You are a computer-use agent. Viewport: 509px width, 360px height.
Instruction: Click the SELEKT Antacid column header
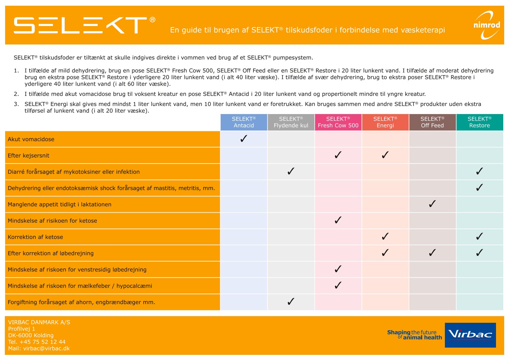point(244,122)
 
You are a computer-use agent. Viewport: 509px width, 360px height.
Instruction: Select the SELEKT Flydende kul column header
point(291,122)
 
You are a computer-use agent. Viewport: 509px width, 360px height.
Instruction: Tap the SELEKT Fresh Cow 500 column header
point(338,122)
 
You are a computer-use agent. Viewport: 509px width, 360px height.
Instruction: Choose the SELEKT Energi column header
point(385,122)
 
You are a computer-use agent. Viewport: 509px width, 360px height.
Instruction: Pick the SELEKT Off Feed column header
point(432,122)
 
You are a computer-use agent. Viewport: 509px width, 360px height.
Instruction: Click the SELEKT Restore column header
point(480,122)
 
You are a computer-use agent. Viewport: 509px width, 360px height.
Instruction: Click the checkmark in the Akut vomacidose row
point(244,139)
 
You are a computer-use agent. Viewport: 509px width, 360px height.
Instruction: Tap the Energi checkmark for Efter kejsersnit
point(385,155)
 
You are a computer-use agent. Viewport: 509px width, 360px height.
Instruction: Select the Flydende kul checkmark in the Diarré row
point(291,172)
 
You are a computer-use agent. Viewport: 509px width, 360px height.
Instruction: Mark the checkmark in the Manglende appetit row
point(432,204)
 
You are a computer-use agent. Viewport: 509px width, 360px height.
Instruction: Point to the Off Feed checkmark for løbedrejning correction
point(432,253)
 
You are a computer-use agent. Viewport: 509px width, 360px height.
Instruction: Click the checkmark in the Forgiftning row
point(291,302)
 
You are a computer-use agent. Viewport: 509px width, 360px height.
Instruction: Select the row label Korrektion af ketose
point(35,237)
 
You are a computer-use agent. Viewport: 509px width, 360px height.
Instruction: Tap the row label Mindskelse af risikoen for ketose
point(52,221)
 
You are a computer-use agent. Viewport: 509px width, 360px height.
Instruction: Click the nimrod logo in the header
point(487,25)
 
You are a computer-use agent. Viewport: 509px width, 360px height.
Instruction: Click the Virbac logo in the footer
point(470,335)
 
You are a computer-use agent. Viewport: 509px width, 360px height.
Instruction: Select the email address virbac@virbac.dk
point(46,349)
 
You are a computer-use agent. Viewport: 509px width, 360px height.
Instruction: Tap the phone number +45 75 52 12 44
point(42,342)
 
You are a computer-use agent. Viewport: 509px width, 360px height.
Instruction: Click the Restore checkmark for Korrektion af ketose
point(479,237)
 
